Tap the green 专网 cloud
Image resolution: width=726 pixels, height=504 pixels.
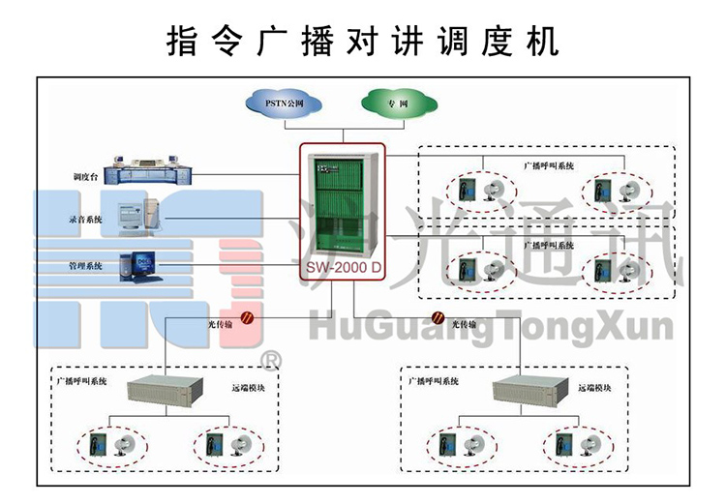[x=398, y=102]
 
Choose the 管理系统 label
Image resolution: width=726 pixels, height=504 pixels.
[x=86, y=265]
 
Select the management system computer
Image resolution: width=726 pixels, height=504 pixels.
[x=136, y=264]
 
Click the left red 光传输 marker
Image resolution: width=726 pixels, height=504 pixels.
[x=247, y=315]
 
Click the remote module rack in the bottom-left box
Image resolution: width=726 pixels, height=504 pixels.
[x=165, y=390]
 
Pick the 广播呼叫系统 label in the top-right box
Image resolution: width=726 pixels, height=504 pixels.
[x=548, y=165]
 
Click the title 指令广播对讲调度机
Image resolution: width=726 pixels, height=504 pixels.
[x=363, y=41]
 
